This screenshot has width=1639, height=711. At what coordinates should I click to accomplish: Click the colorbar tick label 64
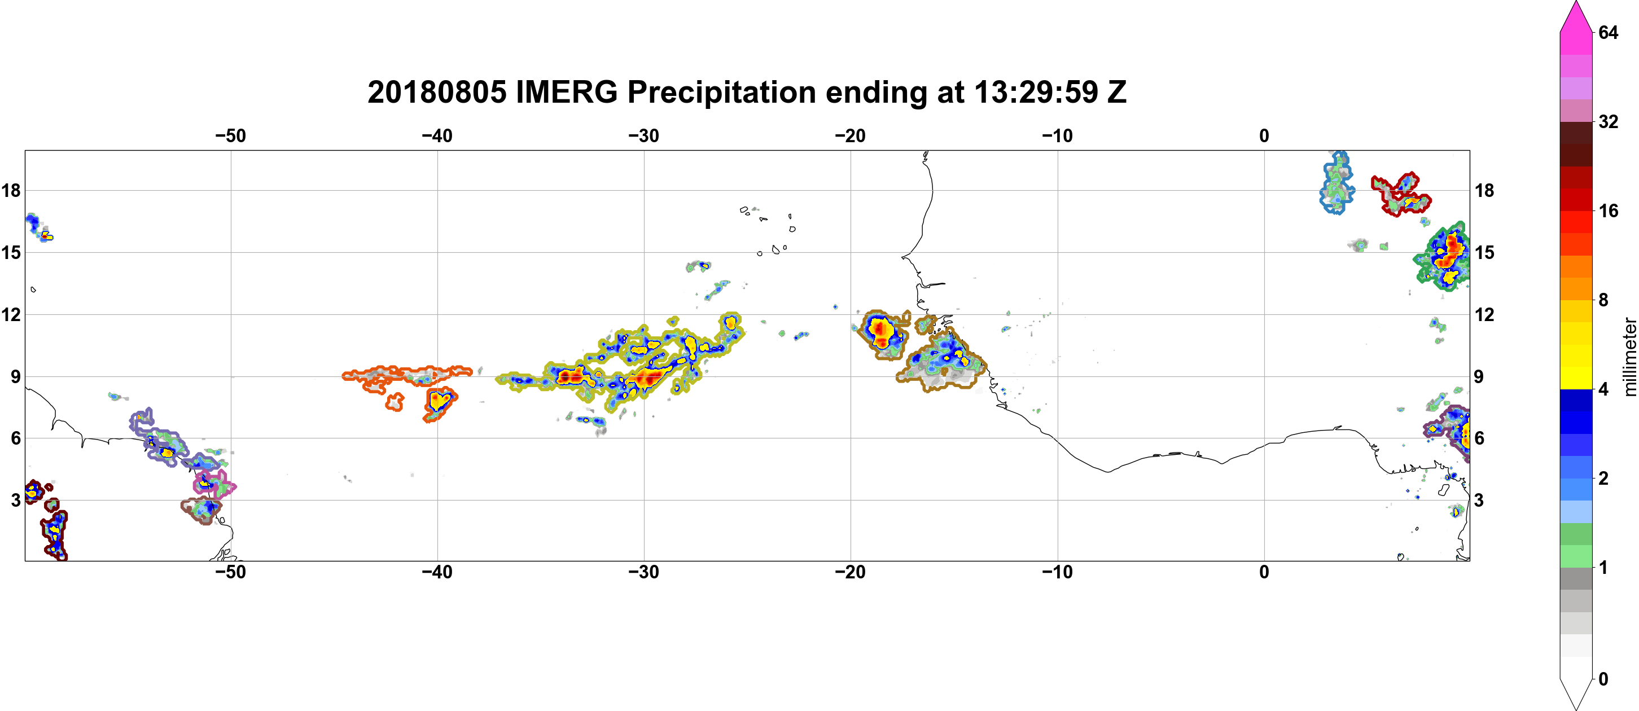1609,32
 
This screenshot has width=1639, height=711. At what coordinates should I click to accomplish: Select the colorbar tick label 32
1609,121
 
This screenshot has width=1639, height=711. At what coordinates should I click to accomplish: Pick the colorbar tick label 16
1609,210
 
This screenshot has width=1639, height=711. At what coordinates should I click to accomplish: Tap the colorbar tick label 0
1603,679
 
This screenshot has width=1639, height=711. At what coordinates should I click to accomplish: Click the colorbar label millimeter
1630,357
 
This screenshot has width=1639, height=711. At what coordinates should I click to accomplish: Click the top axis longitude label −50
230,135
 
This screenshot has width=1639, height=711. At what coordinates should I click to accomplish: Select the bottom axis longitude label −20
851,572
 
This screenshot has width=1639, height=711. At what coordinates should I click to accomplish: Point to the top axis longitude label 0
1264,135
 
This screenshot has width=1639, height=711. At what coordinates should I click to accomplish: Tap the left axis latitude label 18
11,190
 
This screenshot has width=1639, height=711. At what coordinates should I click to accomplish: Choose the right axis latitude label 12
1484,314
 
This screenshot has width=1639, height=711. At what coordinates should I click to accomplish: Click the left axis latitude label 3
15,500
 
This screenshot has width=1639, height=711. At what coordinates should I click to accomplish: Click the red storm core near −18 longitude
880,330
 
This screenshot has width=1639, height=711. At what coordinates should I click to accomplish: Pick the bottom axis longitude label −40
437,572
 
